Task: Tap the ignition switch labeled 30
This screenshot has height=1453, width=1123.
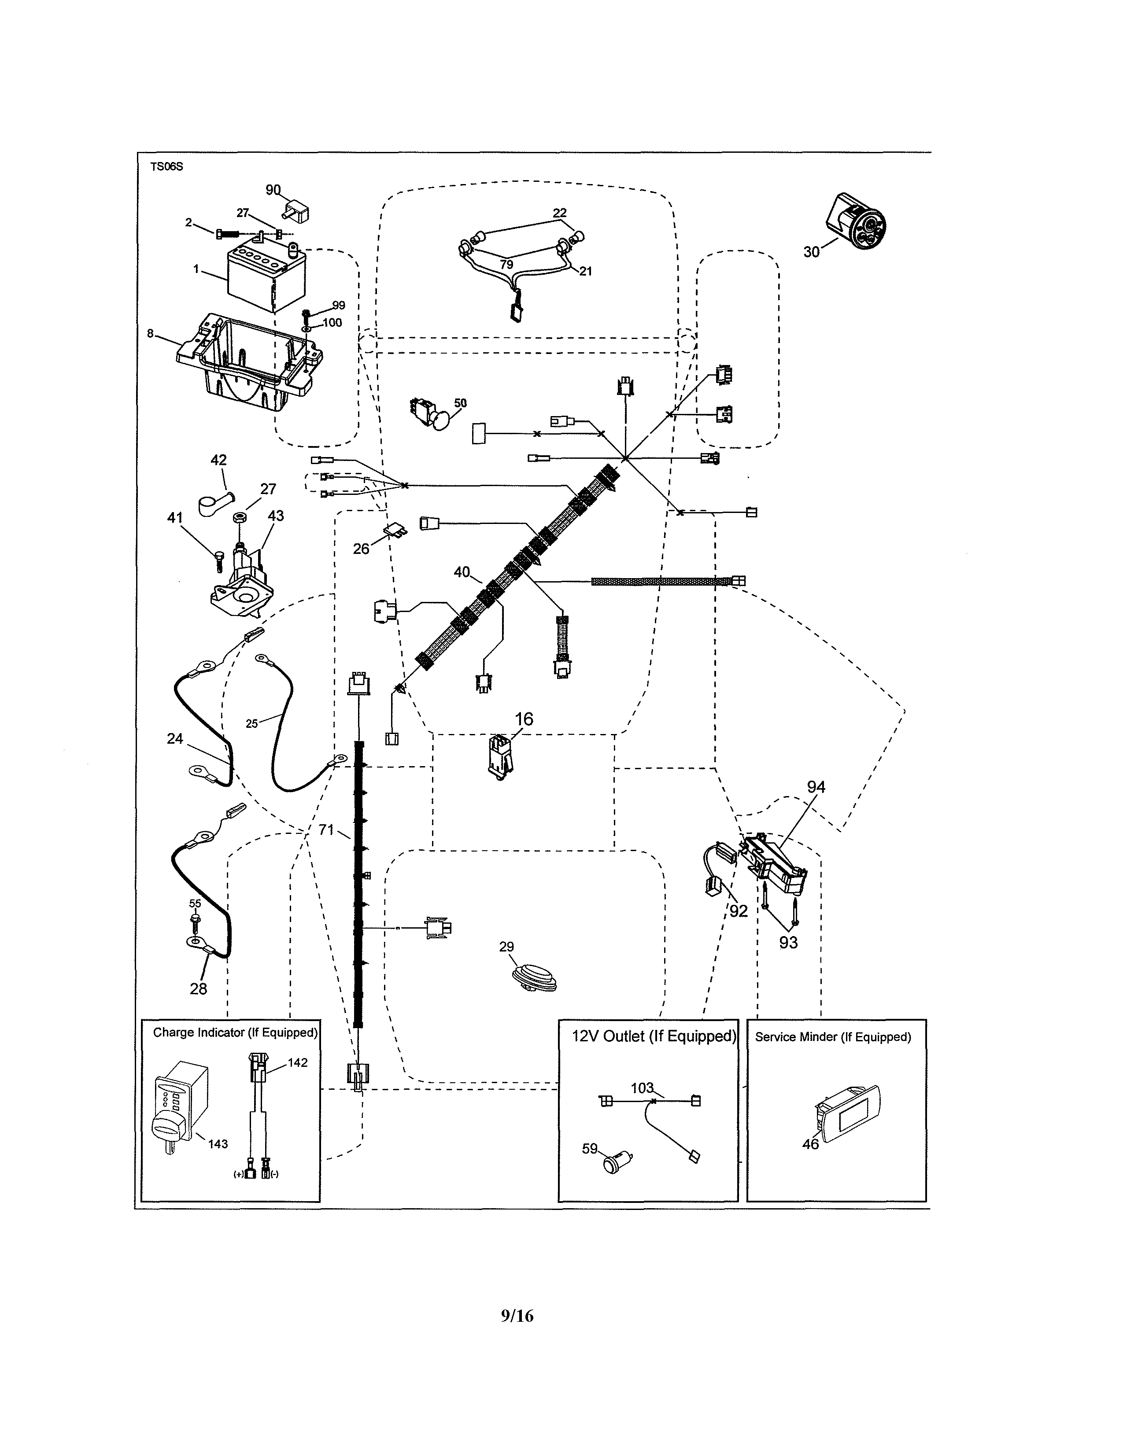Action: [857, 221]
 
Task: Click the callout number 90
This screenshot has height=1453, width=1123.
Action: [273, 190]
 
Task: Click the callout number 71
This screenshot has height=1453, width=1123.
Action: [326, 830]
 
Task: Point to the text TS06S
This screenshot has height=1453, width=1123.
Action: [166, 167]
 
